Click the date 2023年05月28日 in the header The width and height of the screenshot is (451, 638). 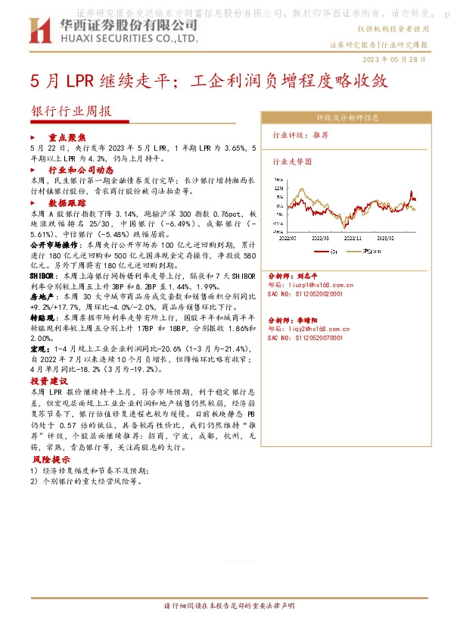coord(400,58)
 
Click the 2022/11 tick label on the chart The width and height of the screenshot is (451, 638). coord(353,236)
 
